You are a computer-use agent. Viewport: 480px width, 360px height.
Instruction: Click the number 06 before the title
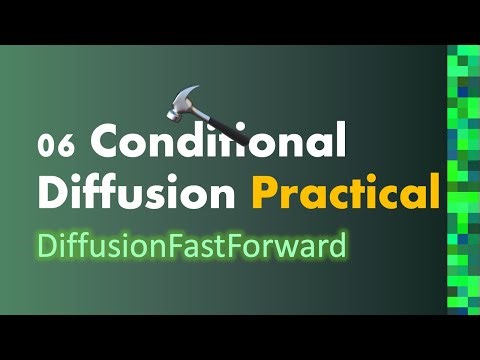(57, 146)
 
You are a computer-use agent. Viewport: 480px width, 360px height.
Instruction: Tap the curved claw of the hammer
(168, 93)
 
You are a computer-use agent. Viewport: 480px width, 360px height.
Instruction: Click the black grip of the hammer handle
(221, 131)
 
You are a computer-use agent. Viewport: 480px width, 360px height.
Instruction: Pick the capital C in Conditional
(107, 144)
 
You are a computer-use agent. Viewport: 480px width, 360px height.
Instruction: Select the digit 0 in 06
(48, 146)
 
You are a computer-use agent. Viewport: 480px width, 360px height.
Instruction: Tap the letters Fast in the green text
(234, 245)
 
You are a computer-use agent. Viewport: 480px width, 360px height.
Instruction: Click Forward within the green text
(299, 245)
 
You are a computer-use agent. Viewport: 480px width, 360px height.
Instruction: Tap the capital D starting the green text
(45, 245)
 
